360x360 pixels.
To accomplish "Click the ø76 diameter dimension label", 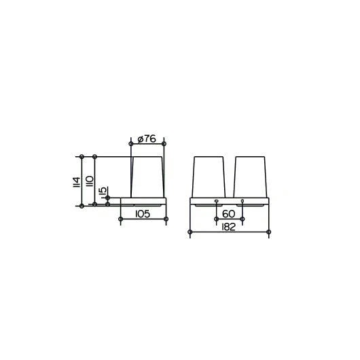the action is (x=147, y=139).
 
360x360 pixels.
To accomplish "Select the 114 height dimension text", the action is (x=77, y=182).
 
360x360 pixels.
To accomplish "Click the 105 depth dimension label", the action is (x=143, y=214).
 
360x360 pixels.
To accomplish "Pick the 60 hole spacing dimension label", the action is (x=229, y=214).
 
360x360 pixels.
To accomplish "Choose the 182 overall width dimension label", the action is (x=229, y=227).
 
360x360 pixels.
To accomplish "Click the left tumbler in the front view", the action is (x=209, y=177).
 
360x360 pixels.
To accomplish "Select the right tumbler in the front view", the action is (x=250, y=177).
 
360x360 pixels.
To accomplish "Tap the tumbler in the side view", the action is (x=148, y=177).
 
